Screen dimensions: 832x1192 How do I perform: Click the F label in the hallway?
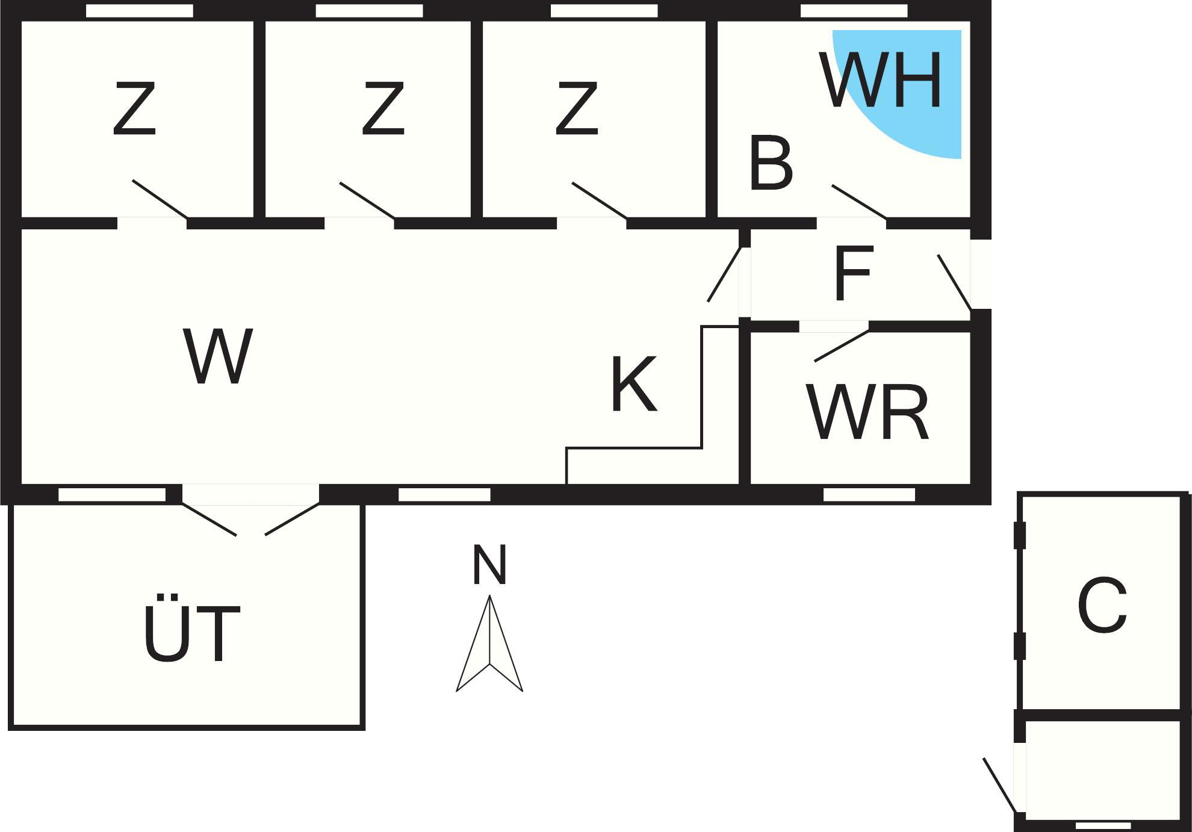tap(853, 274)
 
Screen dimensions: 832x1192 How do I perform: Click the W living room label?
tap(218, 356)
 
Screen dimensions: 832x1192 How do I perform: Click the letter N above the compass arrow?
tap(489, 565)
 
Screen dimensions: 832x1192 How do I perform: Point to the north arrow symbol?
tap(489, 644)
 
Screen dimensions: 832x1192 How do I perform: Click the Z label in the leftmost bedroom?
tap(135, 109)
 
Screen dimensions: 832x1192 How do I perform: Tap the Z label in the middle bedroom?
tap(383, 109)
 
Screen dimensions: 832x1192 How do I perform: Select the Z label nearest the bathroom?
tap(577, 109)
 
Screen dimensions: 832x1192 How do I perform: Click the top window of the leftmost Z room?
tap(140, 11)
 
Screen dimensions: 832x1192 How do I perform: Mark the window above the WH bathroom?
tap(854, 11)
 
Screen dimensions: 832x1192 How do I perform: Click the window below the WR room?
tap(869, 495)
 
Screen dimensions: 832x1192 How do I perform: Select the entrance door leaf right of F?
tap(954, 282)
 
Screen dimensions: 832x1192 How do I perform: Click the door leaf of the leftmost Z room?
tap(160, 199)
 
